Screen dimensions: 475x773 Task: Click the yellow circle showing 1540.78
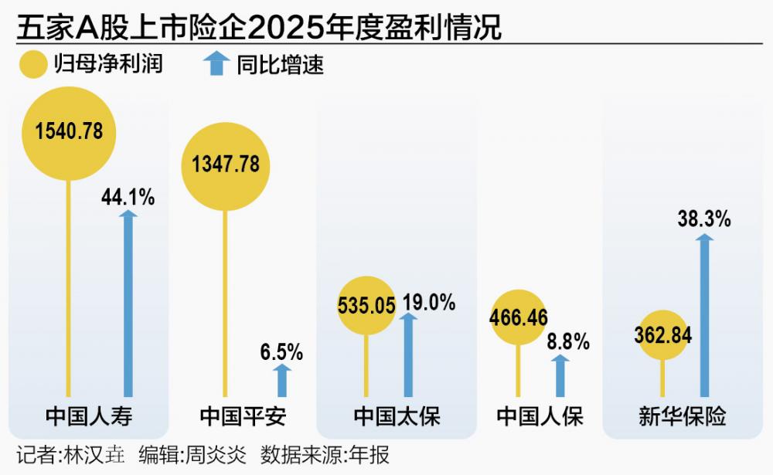pyautogui.click(x=69, y=131)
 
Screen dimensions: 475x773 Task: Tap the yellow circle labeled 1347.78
pyautogui.click(x=225, y=165)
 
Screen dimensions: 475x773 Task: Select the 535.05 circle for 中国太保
pyautogui.click(x=366, y=305)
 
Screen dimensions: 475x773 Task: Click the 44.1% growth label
pyautogui.click(x=128, y=197)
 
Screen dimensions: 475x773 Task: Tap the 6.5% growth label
pyautogui.click(x=281, y=353)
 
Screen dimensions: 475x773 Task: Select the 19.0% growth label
pyautogui.click(x=428, y=302)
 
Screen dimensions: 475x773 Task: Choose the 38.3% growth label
pyautogui.click(x=704, y=219)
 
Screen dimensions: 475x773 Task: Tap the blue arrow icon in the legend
pyautogui.click(x=216, y=63)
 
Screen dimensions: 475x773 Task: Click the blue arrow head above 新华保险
pyautogui.click(x=704, y=239)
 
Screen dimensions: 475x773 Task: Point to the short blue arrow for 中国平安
pyautogui.click(x=282, y=379)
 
